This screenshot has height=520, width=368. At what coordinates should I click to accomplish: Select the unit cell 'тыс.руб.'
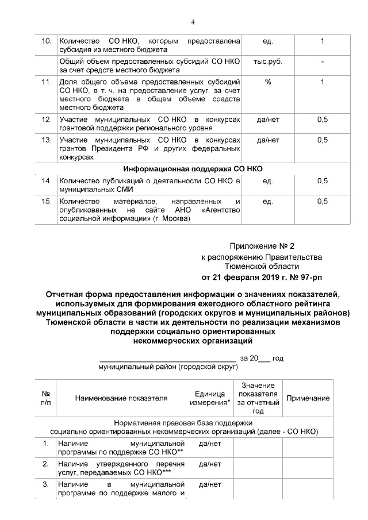click(x=267, y=61)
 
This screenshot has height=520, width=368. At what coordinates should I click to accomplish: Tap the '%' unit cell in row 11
click(x=267, y=82)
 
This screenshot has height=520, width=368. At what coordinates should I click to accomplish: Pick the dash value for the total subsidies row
click(x=322, y=61)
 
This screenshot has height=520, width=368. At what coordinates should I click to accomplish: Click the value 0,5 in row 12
click(x=322, y=119)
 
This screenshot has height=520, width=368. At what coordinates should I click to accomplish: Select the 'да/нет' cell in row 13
click(x=267, y=140)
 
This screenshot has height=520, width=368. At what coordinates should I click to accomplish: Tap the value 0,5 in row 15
click(x=322, y=201)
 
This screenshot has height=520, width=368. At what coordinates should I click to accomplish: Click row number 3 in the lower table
click(x=46, y=484)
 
